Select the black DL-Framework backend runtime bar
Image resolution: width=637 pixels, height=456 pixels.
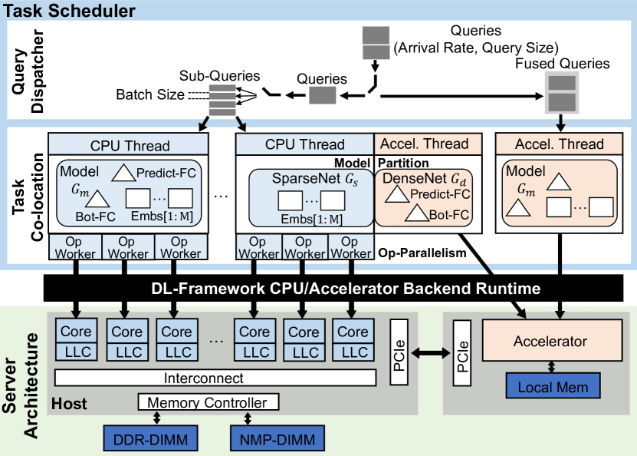pos(318,289)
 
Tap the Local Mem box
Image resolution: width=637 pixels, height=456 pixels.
pos(553,386)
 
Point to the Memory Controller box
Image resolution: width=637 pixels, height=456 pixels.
pos(207,402)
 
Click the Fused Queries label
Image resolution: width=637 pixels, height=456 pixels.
pos(563,64)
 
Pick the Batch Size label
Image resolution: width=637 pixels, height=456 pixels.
pos(150,95)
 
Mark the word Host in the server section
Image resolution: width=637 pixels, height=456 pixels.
pos(69,403)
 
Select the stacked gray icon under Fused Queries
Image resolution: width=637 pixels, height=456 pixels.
pos(561,92)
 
